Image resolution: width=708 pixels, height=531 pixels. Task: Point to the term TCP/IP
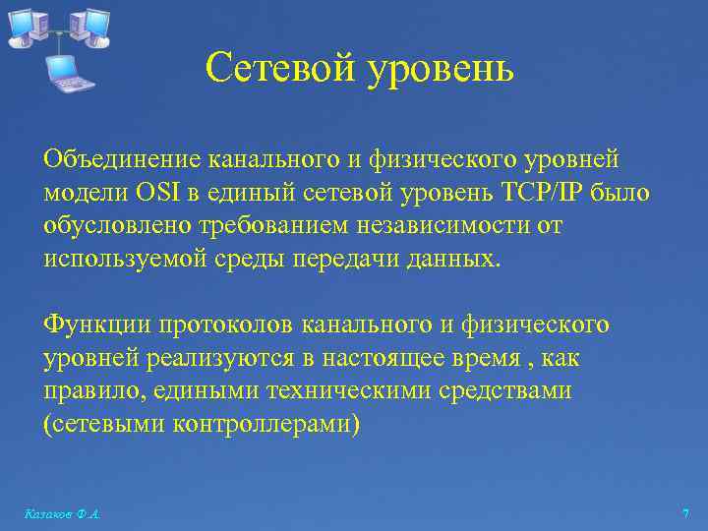[544, 193]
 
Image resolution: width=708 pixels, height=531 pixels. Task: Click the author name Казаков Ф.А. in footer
[61, 514]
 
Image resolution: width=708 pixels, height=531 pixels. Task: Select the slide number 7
[684, 514]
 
